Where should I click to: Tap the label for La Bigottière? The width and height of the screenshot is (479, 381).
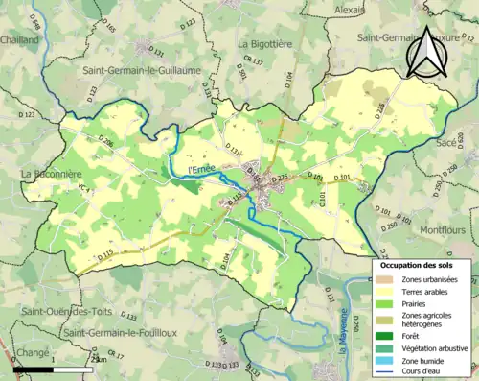click(x=269, y=43)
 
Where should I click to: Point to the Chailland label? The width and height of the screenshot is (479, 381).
click(x=20, y=40)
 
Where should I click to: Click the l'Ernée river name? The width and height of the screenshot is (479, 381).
click(x=201, y=170)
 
